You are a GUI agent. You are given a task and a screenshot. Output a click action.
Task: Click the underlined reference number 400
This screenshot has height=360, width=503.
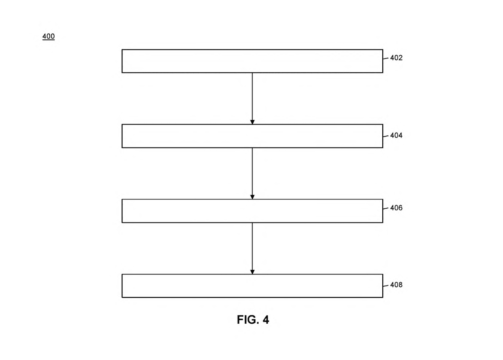(x=49, y=36)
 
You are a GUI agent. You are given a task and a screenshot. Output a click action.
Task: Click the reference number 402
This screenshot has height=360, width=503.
(x=396, y=58)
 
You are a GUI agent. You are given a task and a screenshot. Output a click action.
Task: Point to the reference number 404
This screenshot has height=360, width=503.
(x=396, y=136)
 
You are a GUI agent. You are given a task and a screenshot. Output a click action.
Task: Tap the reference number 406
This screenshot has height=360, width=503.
(x=396, y=208)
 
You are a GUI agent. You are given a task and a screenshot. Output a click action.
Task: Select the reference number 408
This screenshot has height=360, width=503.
(x=396, y=285)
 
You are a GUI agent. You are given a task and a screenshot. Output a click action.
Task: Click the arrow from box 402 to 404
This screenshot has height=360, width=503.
(x=252, y=99)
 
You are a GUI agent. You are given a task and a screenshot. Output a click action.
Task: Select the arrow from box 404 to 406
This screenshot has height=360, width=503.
(x=252, y=173)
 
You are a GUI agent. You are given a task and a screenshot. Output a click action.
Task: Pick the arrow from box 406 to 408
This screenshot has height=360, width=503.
(x=252, y=248)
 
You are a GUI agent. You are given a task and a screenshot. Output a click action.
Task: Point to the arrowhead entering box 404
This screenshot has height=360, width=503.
(x=252, y=122)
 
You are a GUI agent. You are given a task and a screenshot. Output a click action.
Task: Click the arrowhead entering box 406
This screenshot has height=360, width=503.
(x=252, y=197)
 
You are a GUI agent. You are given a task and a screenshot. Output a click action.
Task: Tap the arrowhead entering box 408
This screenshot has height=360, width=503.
(x=252, y=272)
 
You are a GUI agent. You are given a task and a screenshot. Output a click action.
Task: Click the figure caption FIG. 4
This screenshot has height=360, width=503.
(x=253, y=319)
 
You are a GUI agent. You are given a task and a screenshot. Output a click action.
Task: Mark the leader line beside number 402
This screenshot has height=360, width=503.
(x=386, y=58)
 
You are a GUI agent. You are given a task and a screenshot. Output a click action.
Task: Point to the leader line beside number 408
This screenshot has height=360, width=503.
(x=386, y=286)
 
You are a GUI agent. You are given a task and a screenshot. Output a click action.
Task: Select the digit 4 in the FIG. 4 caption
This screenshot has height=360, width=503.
(x=266, y=319)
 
